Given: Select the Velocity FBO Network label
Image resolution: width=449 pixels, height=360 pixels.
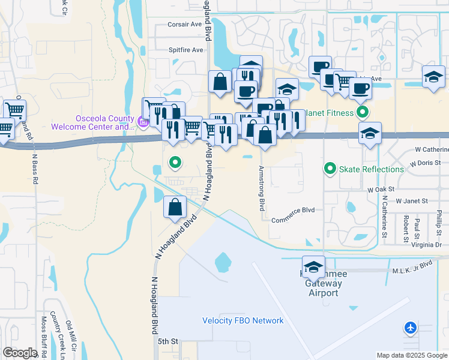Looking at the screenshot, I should tap(243, 320).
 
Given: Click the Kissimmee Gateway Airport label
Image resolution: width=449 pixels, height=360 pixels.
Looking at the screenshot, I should tap(324, 283).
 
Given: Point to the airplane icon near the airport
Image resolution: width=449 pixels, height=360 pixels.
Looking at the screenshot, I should tap(411, 328).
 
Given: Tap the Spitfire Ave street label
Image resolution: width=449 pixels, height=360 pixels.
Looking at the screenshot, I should tap(185, 50).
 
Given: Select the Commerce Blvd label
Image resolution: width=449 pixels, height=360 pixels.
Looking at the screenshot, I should tap(293, 219).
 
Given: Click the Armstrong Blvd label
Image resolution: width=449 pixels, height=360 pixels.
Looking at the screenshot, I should tap(262, 188).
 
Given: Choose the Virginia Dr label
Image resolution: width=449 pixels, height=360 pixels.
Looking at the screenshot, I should tap(427, 245).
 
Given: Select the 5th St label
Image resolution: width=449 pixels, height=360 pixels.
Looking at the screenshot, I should tap(168, 341).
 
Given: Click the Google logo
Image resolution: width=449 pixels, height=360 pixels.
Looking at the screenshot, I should tap(20, 353).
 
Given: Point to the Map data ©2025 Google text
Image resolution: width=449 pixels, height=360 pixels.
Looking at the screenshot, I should tap(411, 355).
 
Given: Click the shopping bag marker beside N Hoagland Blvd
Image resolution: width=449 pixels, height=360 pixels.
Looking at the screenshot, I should tap(174, 207).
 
